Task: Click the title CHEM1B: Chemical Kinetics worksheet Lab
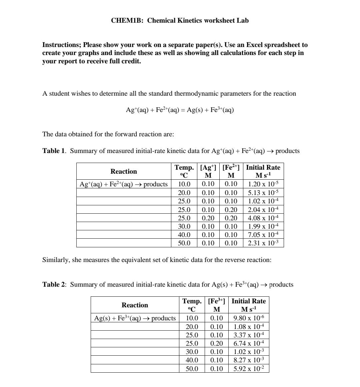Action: [180, 21]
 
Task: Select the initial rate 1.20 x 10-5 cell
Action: [263, 184]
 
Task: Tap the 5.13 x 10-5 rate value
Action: [263, 193]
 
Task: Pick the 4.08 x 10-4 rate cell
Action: [263, 218]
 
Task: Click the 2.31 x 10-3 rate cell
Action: [263, 243]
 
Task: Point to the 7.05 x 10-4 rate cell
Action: [263, 235]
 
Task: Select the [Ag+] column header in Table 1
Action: [208, 171]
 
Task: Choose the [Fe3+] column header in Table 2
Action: [216, 305]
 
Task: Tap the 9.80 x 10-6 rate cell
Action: [249, 318]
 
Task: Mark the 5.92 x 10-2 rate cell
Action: [249, 369]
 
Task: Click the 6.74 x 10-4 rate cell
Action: [249, 343]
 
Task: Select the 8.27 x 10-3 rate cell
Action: [249, 360]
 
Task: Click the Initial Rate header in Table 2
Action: [249, 305]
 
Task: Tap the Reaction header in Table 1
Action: [124, 171]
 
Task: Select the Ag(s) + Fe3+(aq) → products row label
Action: [135, 318]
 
